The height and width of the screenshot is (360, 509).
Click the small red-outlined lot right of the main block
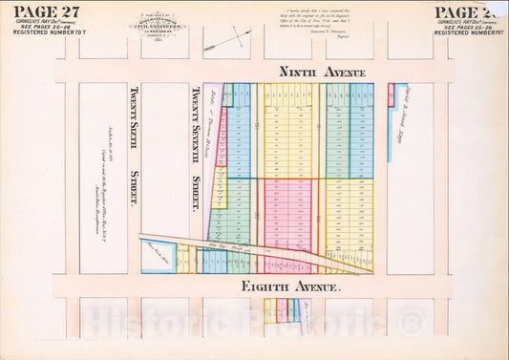[x=391, y=94]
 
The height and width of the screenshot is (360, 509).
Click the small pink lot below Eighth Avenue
[x=283, y=308]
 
